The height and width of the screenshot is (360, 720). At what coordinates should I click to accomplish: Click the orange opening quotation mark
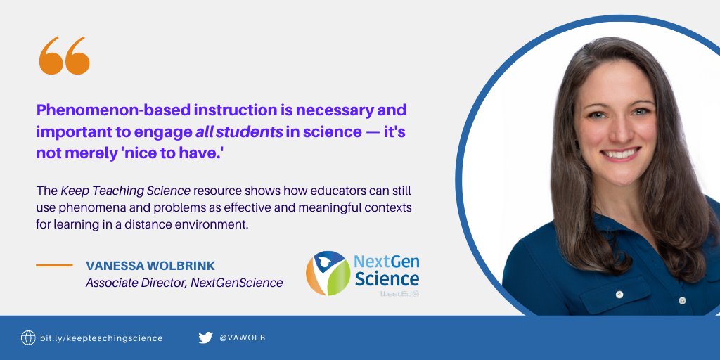point(65,56)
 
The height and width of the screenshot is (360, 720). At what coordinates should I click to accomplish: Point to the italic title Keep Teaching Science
point(125,191)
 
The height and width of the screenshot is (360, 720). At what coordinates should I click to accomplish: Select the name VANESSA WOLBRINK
point(150,266)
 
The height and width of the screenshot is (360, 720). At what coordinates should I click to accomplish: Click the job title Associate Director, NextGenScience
point(184,283)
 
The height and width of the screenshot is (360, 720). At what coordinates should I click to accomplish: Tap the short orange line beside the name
point(54,266)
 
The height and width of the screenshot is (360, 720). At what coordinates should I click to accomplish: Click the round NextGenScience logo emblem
point(327,273)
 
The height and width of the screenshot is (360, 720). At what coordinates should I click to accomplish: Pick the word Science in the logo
point(387,278)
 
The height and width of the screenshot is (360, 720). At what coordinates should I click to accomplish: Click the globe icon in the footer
point(28,337)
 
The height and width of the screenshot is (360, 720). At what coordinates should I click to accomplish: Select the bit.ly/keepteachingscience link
point(101,338)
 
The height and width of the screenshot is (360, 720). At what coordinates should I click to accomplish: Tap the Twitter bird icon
point(205,337)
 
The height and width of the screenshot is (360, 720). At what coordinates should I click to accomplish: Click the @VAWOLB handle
point(243,338)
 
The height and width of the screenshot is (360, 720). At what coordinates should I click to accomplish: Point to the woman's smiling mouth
point(621,153)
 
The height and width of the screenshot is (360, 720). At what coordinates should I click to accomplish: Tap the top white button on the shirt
point(619,294)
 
